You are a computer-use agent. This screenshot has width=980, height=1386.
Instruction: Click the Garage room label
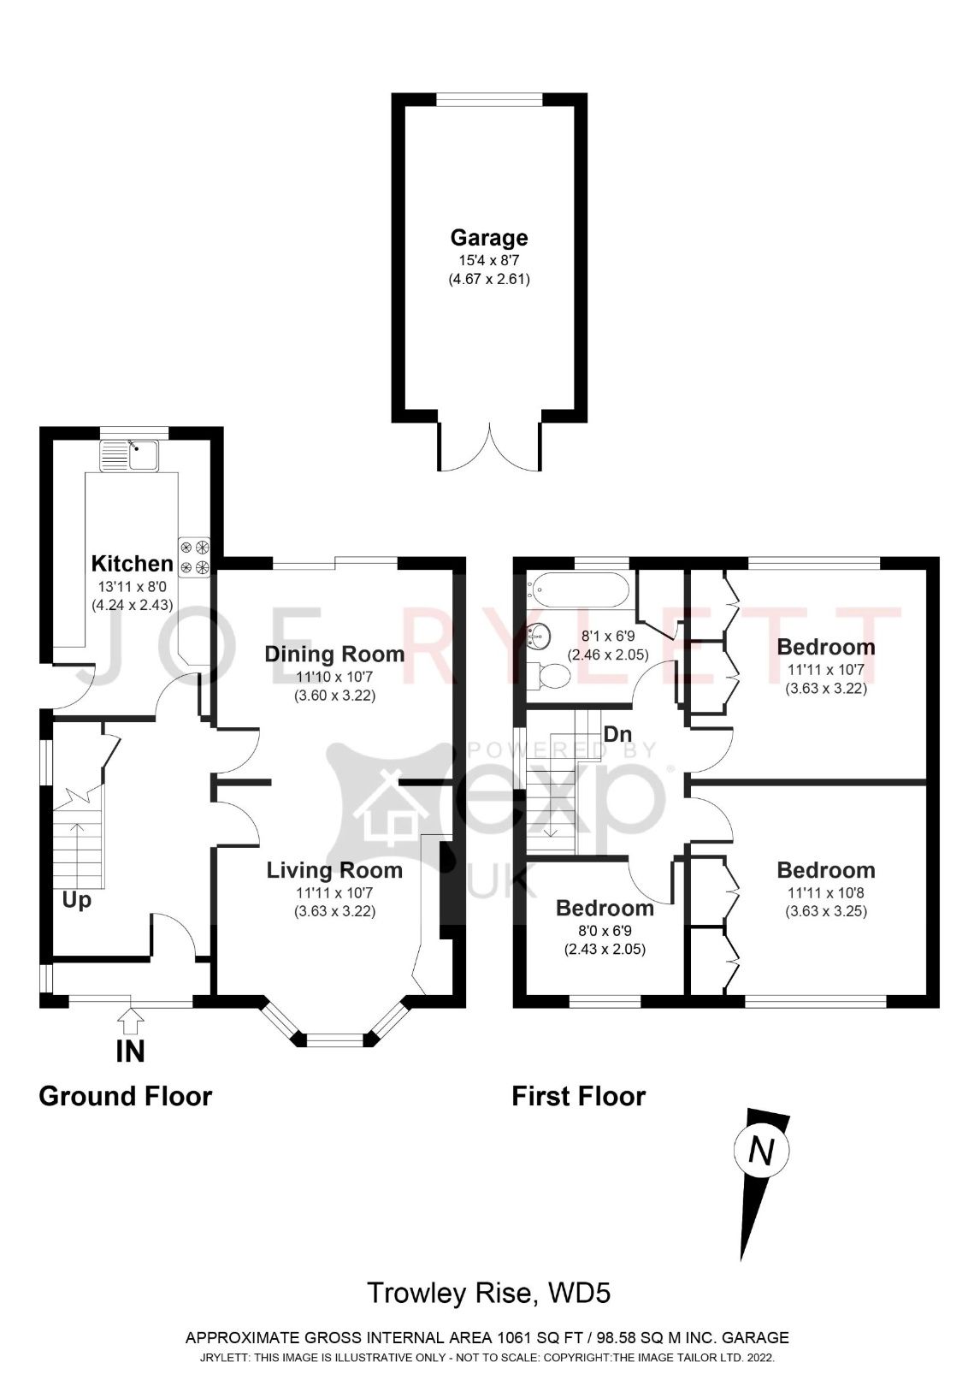[489, 237]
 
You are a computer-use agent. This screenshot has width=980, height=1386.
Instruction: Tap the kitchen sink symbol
[128, 455]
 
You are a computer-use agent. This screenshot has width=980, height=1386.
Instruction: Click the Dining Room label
[334, 654]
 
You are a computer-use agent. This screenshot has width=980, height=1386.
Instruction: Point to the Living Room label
[334, 871]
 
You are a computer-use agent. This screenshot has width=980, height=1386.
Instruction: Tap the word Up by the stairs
[76, 900]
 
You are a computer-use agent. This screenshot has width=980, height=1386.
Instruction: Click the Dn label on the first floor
[617, 734]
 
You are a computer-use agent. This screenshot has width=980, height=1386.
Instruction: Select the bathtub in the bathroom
[579, 589]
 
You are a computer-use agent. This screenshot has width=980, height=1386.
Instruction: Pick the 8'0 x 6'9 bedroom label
[605, 909]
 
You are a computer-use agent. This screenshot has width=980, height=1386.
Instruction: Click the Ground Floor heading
[125, 1096]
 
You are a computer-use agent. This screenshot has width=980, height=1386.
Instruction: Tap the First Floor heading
[578, 1096]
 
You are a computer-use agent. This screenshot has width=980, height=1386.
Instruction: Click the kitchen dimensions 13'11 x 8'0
[133, 587]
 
